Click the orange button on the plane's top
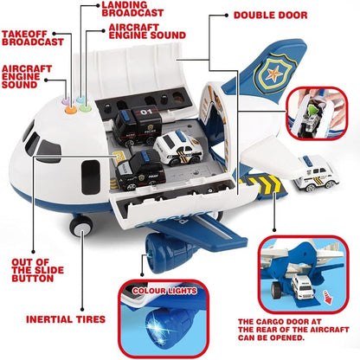click(x=72, y=111)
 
